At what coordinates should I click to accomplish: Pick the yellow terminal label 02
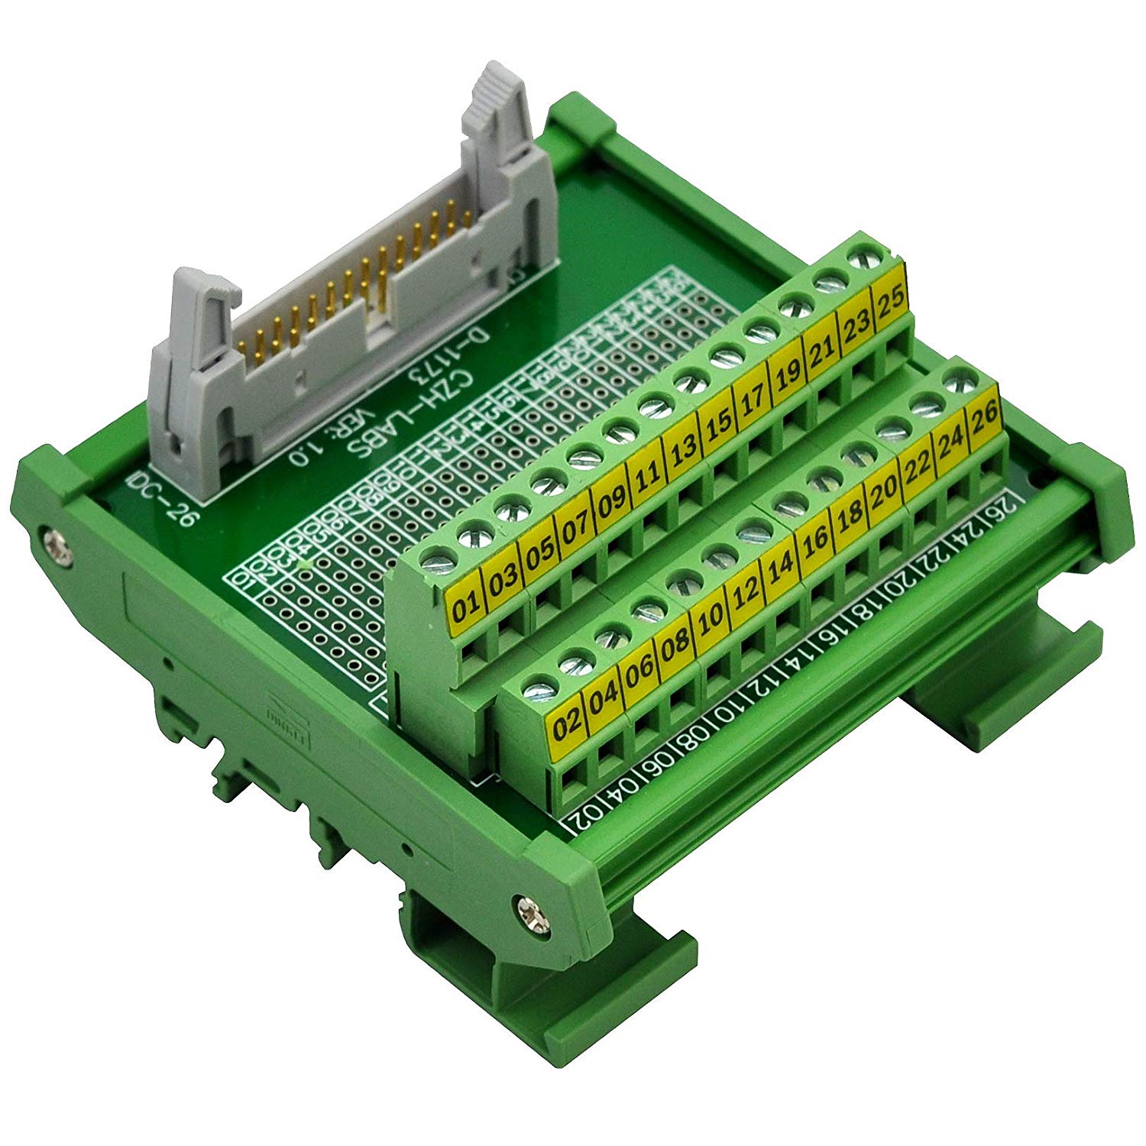point(567,724)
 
